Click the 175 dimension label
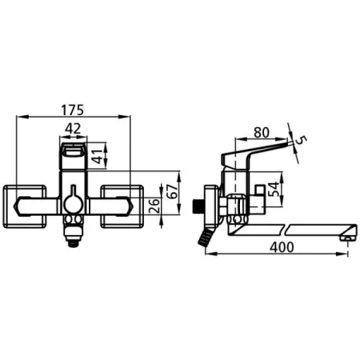[x=73, y=110]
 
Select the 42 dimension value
[x=73, y=129]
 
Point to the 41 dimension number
[x=98, y=157]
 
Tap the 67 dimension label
[x=174, y=191]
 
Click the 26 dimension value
[x=155, y=206]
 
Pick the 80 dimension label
[x=262, y=133]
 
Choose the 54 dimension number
[x=274, y=190]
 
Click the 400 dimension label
[x=282, y=247]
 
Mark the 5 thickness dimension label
[x=301, y=140]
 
